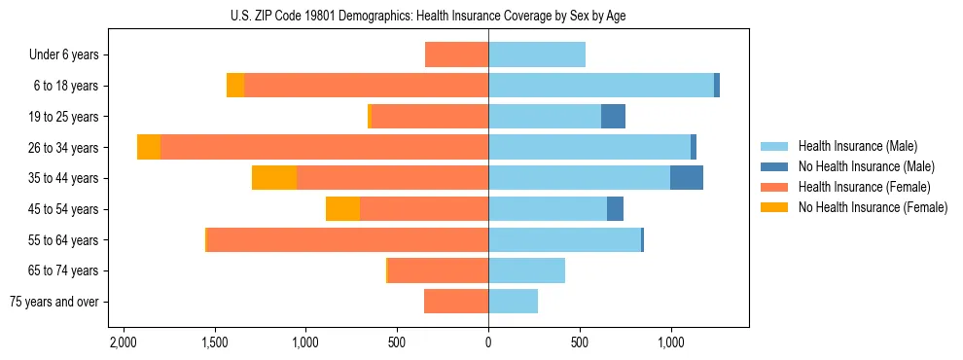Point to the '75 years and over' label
(x=54, y=302)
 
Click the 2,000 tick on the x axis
(x=123, y=342)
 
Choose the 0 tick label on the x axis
(x=488, y=342)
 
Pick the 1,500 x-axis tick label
(x=214, y=342)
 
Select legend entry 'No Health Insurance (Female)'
(x=873, y=207)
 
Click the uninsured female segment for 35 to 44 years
(x=274, y=178)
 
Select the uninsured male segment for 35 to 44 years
(x=687, y=178)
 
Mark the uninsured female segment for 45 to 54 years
(x=342, y=209)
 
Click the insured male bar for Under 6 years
(x=537, y=55)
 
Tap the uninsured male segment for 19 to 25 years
(x=613, y=117)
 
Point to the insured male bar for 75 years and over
(x=513, y=302)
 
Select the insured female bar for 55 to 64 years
(x=347, y=240)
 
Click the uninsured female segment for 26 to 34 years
(x=149, y=148)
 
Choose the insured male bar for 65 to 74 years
(x=526, y=270)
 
